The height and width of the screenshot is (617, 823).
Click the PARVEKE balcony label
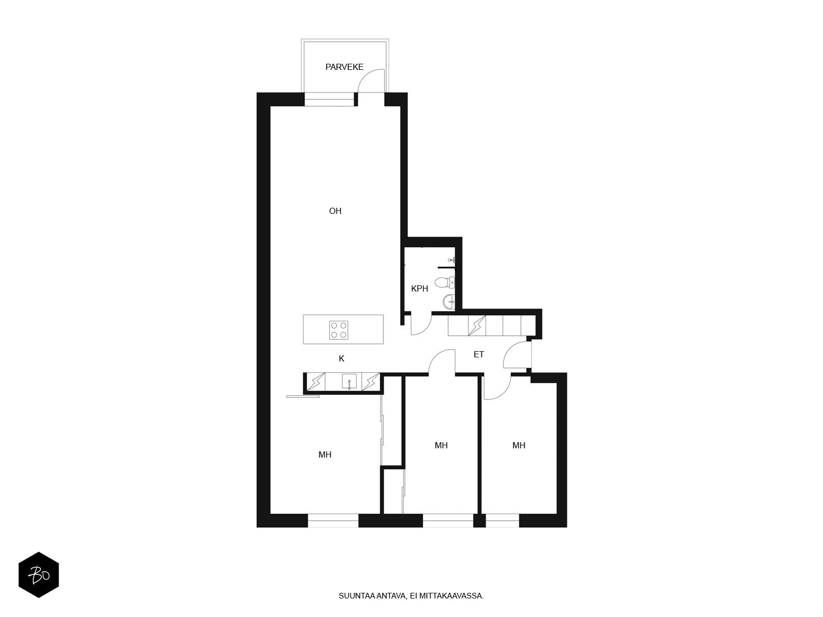coord(344,67)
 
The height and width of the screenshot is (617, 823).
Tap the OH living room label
coord(335,211)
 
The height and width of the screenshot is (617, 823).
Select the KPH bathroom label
coord(420,288)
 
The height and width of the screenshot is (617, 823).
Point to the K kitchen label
coord(341,358)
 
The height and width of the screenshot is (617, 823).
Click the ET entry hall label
coord(479,354)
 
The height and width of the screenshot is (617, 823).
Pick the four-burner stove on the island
coord(338,330)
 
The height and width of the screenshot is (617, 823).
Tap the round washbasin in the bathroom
coord(449,301)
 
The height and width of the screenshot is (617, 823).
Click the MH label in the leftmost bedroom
coord(325,455)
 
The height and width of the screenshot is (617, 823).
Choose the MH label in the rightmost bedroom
coord(518,445)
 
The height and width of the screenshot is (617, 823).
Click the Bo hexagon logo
coord(39,575)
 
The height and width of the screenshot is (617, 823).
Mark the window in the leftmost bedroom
coord(333,520)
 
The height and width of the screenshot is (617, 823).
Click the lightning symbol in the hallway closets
coord(477,325)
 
